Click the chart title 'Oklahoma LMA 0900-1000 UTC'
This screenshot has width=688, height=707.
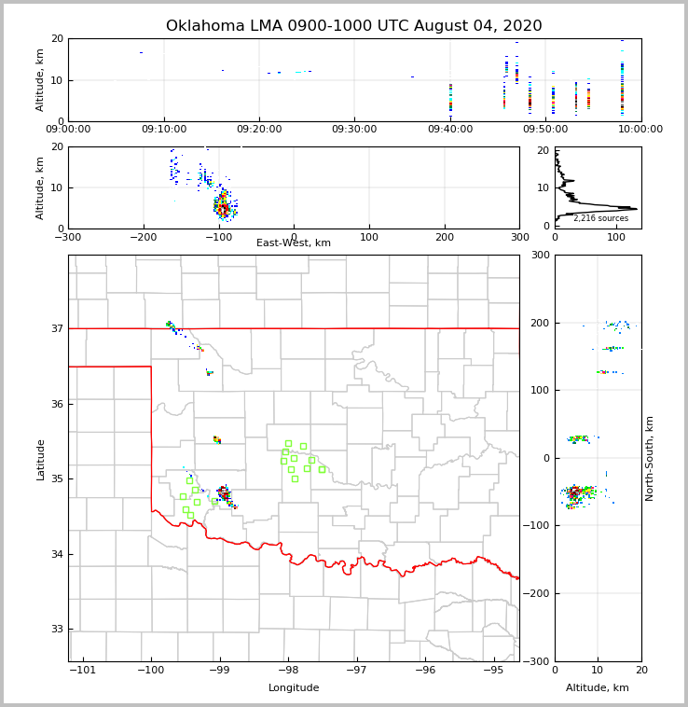[353, 26]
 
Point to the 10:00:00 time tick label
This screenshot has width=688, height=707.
[640, 130]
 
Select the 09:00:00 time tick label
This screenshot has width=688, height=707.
[68, 130]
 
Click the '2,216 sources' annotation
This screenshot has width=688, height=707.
[600, 218]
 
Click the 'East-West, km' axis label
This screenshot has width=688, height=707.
[294, 243]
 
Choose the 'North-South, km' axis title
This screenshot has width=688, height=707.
[650, 458]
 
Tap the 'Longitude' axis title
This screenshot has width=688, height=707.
[294, 688]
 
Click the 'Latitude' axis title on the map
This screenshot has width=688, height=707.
[41, 458]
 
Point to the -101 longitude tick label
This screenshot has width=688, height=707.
[82, 671]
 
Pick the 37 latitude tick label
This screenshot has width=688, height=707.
[56, 328]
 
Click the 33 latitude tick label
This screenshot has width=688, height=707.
[56, 630]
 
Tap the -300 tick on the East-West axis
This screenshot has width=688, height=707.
[68, 237]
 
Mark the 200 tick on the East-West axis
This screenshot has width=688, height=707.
[445, 237]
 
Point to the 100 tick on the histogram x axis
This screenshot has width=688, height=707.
[616, 237]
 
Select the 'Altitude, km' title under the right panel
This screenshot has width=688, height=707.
[598, 688]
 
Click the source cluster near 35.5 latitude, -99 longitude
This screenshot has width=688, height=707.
[217, 439]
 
